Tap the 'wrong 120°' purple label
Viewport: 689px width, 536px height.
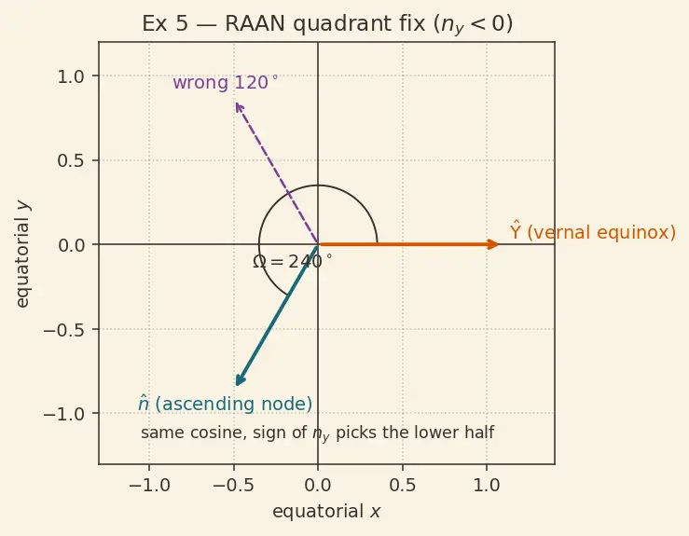tap(226, 82)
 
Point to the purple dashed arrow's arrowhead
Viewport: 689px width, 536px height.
tap(238, 107)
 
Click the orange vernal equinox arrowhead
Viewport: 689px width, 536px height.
tap(493, 244)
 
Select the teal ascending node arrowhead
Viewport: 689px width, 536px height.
tap(240, 380)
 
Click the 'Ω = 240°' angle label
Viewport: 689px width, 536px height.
tap(293, 262)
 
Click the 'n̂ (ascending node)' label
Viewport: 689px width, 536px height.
tap(225, 404)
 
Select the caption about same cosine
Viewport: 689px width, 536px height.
tap(317, 433)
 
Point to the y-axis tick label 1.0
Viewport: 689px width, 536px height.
tap(70, 76)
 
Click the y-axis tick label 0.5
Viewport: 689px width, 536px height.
tap(70, 160)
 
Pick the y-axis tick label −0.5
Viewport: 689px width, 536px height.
tap(63, 329)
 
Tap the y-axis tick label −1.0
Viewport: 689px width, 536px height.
tap(63, 414)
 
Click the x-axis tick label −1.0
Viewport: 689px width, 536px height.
tap(149, 485)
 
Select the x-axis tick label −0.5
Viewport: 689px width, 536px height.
tap(234, 485)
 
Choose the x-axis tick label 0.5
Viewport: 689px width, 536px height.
tap(403, 485)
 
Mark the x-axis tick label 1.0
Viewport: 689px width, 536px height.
tap(487, 485)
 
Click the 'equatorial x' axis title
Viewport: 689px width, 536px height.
tap(326, 512)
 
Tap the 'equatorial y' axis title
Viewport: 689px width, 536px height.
tap(22, 254)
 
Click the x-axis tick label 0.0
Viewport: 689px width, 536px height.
tap(318, 485)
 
